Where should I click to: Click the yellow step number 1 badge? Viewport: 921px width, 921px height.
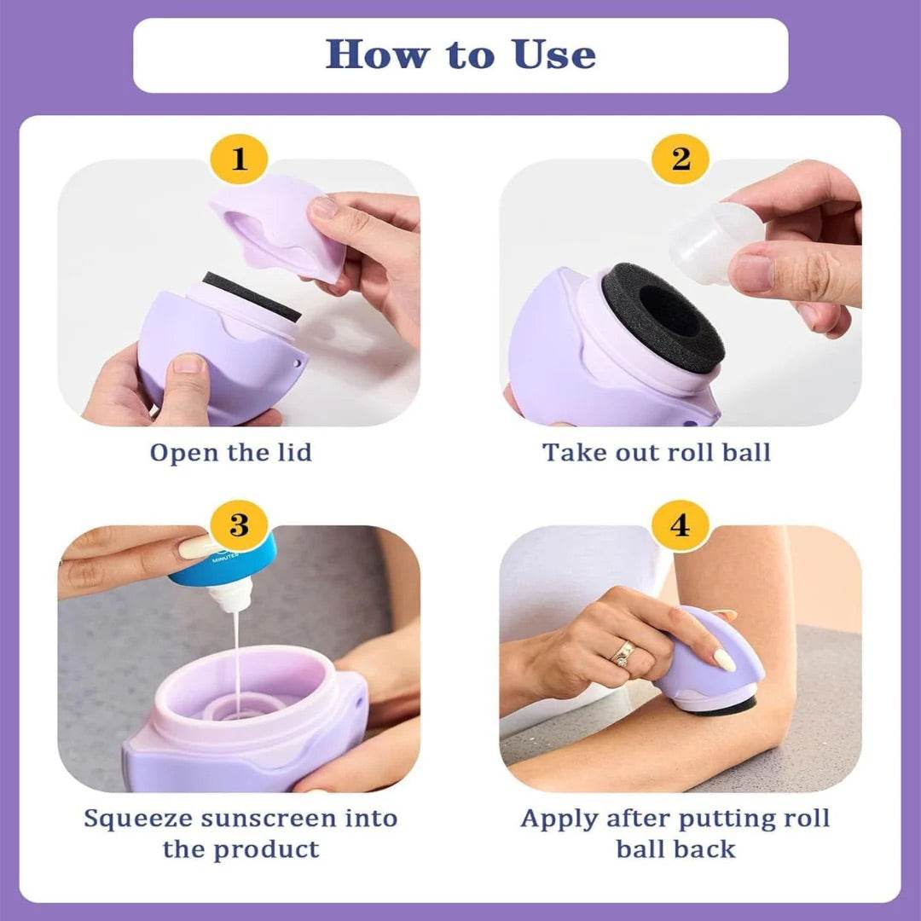point(239,159)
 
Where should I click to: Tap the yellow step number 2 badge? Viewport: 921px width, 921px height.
point(681,159)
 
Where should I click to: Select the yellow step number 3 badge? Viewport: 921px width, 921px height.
point(239,524)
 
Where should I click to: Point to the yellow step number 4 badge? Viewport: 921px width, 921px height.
point(681,524)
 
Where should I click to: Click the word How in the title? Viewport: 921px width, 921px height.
point(377,55)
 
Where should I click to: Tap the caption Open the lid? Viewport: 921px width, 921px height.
point(231,452)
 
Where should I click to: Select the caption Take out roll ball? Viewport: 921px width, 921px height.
point(657,452)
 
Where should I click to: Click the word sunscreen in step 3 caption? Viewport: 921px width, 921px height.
point(271,819)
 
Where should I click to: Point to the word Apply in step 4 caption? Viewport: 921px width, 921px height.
point(559,819)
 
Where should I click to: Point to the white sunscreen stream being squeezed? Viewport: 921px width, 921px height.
point(237,657)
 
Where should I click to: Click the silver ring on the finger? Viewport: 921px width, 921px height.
point(623,654)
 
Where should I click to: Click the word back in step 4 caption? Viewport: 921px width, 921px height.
point(705,849)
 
